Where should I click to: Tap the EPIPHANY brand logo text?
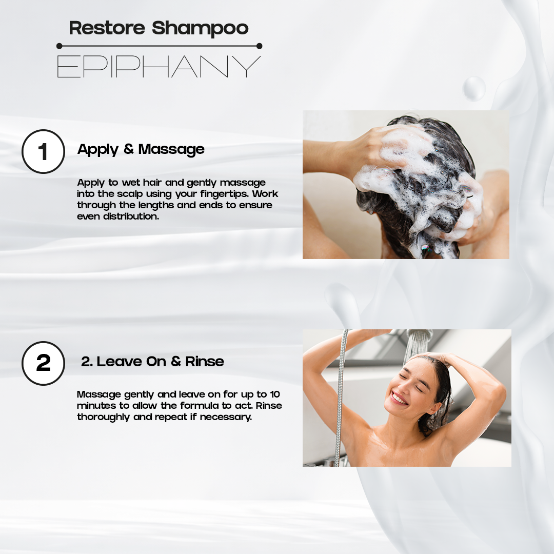tap(159, 66)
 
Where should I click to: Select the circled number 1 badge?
tap(43, 151)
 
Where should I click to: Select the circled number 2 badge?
tap(43, 363)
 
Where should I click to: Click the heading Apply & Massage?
tap(141, 149)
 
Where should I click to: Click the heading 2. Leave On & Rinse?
tap(152, 361)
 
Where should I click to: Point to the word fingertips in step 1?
tap(226, 194)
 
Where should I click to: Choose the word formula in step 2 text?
tap(196, 406)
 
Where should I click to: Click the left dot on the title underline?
tap(59, 46)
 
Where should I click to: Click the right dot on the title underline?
tap(259, 46)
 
